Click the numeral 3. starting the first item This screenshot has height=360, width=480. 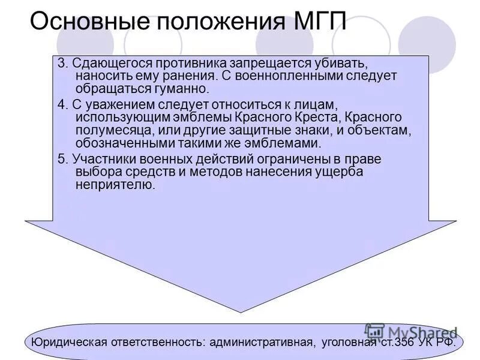click(x=62, y=64)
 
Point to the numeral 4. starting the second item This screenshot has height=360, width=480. click(x=62, y=103)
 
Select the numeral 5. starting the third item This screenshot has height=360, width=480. click(x=62, y=159)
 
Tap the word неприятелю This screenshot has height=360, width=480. click(x=115, y=185)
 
